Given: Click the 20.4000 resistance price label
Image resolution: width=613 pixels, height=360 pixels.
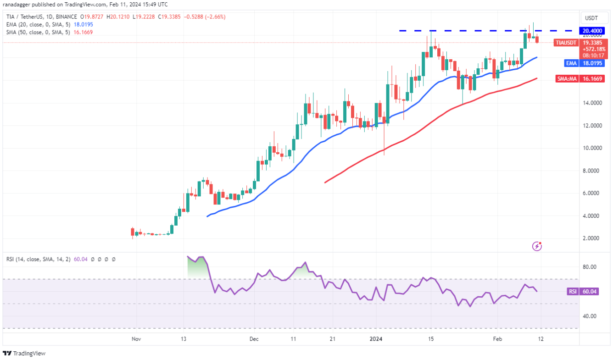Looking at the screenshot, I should click(592, 30).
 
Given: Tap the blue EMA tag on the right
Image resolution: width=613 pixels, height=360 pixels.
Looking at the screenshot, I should click(568, 63).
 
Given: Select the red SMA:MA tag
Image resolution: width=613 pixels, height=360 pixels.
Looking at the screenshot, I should click(566, 79).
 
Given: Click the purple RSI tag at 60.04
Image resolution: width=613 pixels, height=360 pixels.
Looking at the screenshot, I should click(573, 292).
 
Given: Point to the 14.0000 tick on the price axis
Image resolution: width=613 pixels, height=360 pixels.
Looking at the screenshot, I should click(592, 103).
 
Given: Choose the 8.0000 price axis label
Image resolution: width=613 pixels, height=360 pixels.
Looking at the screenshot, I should click(592, 171).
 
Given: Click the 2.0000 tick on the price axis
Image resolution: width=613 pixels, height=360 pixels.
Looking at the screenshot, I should click(592, 238).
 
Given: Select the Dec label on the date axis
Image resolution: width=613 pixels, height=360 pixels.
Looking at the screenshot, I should click(254, 339).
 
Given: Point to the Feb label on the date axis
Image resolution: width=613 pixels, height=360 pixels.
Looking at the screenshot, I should click(497, 339).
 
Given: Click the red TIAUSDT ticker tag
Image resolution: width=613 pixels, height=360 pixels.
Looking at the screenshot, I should click(566, 43).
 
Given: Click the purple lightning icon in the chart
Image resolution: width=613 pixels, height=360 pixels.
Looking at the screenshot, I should click(537, 247).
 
